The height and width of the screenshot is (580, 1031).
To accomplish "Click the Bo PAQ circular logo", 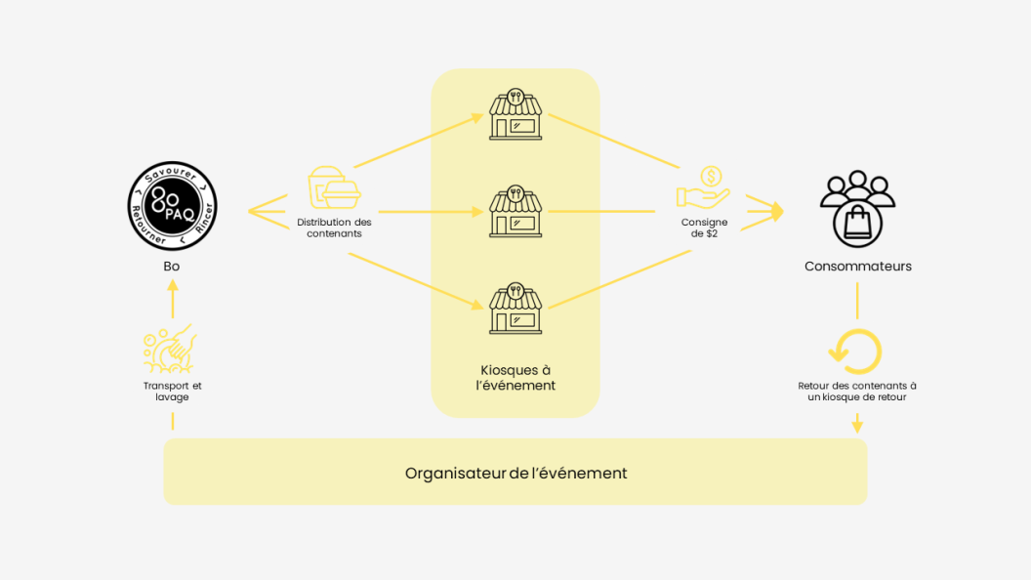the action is pos(172,206).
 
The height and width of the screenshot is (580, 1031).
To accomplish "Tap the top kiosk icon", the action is pos(515,114).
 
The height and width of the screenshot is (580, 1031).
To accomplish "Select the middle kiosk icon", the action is pos(515,211).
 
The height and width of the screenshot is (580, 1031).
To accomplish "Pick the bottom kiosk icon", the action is pos(515,309).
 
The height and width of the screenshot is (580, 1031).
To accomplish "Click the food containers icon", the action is pos(334,187).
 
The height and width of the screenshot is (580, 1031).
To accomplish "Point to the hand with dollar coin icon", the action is pos(704,187).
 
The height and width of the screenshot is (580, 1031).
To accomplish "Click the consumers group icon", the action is pos(857,208).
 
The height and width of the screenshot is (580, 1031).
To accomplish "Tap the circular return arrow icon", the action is pos(855,352).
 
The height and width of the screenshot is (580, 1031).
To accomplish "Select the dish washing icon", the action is pos(170,349).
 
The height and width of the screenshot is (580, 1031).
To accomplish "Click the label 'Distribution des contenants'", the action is pos(334,228).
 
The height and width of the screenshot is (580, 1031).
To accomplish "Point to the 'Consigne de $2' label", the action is pos(704,228).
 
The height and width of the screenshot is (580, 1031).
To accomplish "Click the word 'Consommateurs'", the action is pos(858,267).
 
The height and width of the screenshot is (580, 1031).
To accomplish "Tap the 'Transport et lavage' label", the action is pos(172,392).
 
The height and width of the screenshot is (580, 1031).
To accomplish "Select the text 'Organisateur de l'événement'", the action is pos(516,474).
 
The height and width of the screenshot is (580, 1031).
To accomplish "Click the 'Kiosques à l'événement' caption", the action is pos(515,378).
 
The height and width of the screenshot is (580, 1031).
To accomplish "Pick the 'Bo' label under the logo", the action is pos(172,267).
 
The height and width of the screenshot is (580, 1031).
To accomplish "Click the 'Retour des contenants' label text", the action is pos(857,392).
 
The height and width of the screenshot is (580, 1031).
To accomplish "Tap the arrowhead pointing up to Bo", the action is pos(173,285).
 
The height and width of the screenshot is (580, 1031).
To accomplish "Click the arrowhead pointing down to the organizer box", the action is pos(857,427).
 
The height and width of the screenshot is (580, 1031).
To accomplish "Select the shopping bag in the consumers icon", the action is pos(857,223).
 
